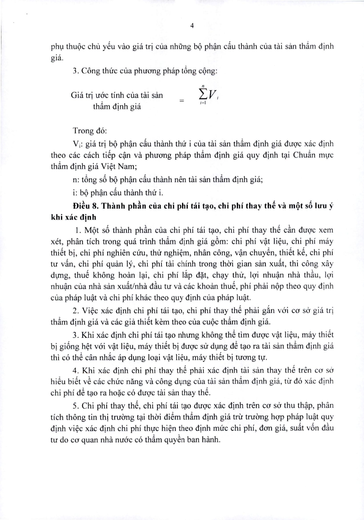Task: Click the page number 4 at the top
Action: pos(192,26)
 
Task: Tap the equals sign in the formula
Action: pos(182,101)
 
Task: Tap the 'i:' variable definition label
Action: pos(74,192)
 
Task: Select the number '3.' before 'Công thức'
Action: pos(76,71)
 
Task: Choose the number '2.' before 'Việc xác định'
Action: pos(76,311)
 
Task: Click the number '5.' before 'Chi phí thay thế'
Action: pos(76,405)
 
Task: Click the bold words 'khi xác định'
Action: pos(74,217)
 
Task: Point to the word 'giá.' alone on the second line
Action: pos(57,58)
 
